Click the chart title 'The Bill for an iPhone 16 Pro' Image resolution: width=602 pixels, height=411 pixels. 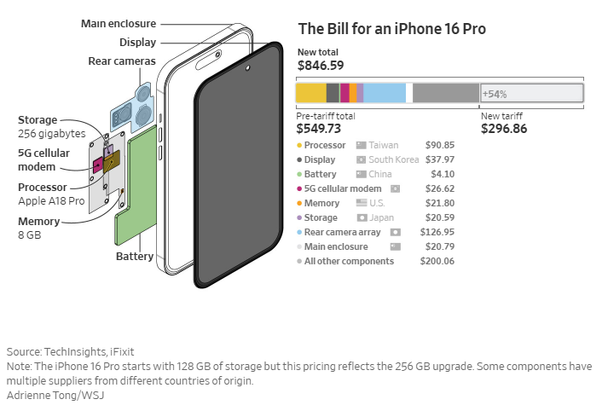(x=392, y=29)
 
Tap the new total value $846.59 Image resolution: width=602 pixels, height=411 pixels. (x=321, y=65)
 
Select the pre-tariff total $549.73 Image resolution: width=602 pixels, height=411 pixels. (x=319, y=129)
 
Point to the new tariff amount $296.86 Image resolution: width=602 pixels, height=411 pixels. (x=504, y=129)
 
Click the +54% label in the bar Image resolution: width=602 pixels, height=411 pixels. (x=495, y=93)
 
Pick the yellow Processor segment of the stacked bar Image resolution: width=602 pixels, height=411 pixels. (x=310, y=93)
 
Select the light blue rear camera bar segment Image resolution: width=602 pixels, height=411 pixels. (x=385, y=93)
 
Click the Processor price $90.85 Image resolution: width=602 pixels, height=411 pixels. (x=439, y=145)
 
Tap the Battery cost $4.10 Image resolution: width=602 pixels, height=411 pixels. (x=443, y=174)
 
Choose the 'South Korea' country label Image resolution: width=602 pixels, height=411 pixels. (x=393, y=159)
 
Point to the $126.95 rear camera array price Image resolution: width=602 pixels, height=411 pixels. (x=437, y=232)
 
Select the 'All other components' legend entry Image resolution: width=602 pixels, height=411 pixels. (x=349, y=261)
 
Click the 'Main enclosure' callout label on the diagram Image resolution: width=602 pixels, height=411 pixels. (x=118, y=23)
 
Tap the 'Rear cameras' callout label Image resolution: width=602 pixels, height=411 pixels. (x=122, y=61)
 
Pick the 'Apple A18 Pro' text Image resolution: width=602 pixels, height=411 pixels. (x=51, y=200)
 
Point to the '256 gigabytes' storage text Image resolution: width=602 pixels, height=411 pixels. (x=52, y=134)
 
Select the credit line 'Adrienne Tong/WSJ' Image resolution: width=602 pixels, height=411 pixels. (x=55, y=395)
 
